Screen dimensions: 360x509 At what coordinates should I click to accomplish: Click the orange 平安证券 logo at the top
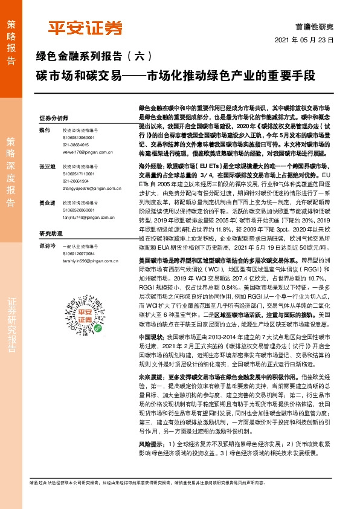point(85,28)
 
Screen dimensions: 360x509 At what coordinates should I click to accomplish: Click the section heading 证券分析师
point(54,117)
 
